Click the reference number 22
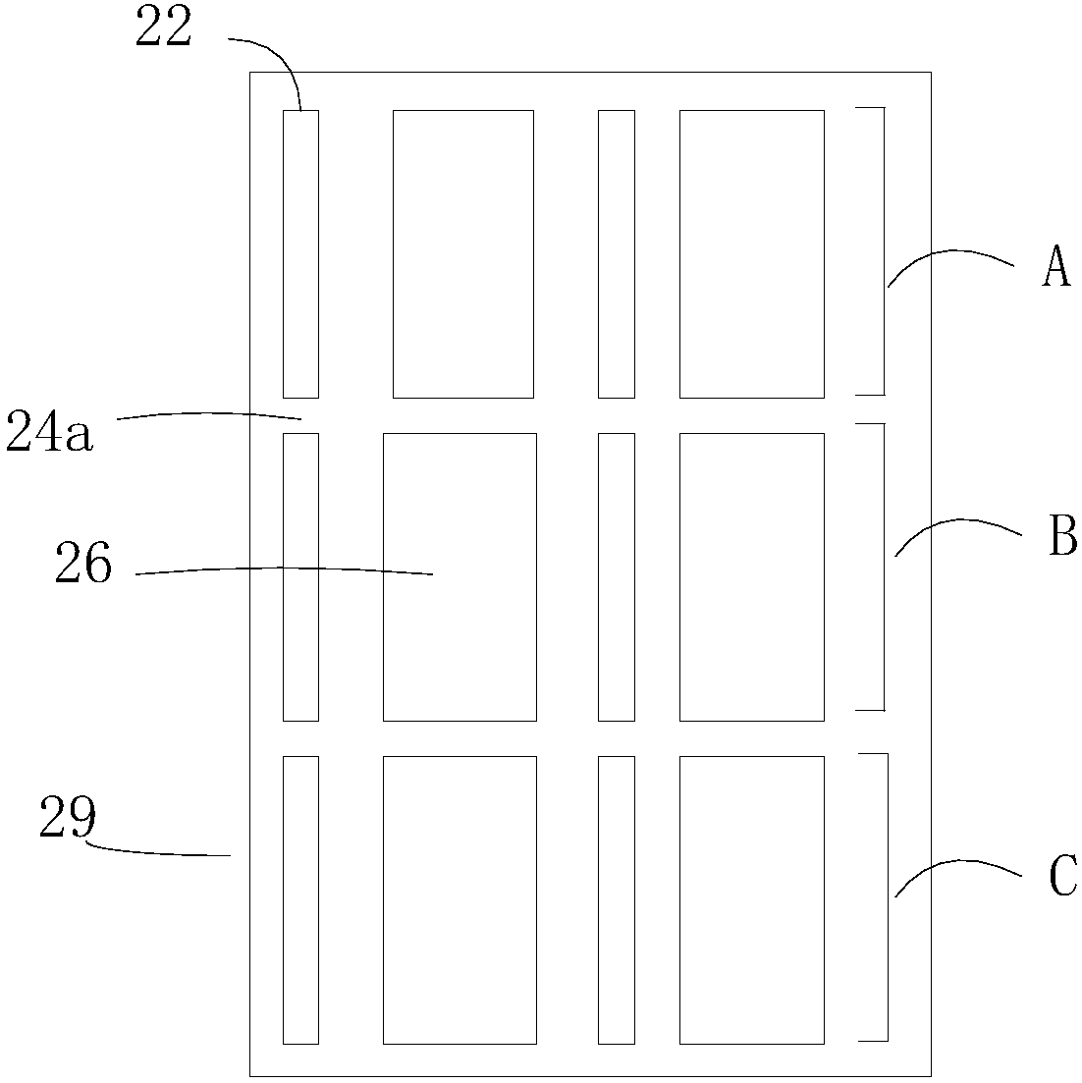click(x=163, y=28)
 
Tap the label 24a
click(x=49, y=433)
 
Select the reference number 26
click(x=83, y=567)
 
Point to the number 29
click(x=68, y=818)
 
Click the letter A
click(x=1055, y=267)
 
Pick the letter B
click(x=1062, y=537)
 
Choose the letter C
click(x=1062, y=876)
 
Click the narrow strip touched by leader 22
click(x=300, y=253)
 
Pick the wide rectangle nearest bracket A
click(x=751, y=253)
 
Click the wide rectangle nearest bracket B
click(x=751, y=576)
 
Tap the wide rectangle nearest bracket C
click(x=751, y=899)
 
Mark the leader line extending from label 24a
click(x=206, y=414)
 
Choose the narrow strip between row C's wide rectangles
click(x=617, y=899)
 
